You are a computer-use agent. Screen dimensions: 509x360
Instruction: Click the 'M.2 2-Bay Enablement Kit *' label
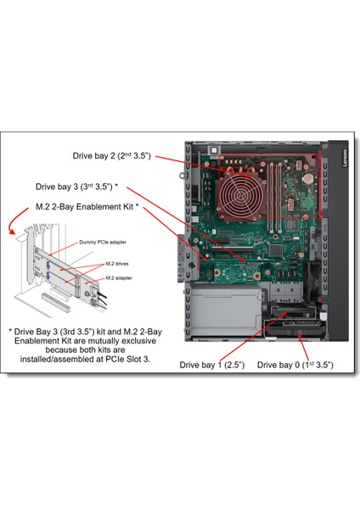click(87, 207)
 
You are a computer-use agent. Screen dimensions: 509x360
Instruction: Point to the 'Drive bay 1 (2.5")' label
click(212, 364)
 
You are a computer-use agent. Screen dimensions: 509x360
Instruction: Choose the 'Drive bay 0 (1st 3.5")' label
click(295, 364)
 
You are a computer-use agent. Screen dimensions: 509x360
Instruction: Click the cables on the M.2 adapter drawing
click(99, 297)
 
